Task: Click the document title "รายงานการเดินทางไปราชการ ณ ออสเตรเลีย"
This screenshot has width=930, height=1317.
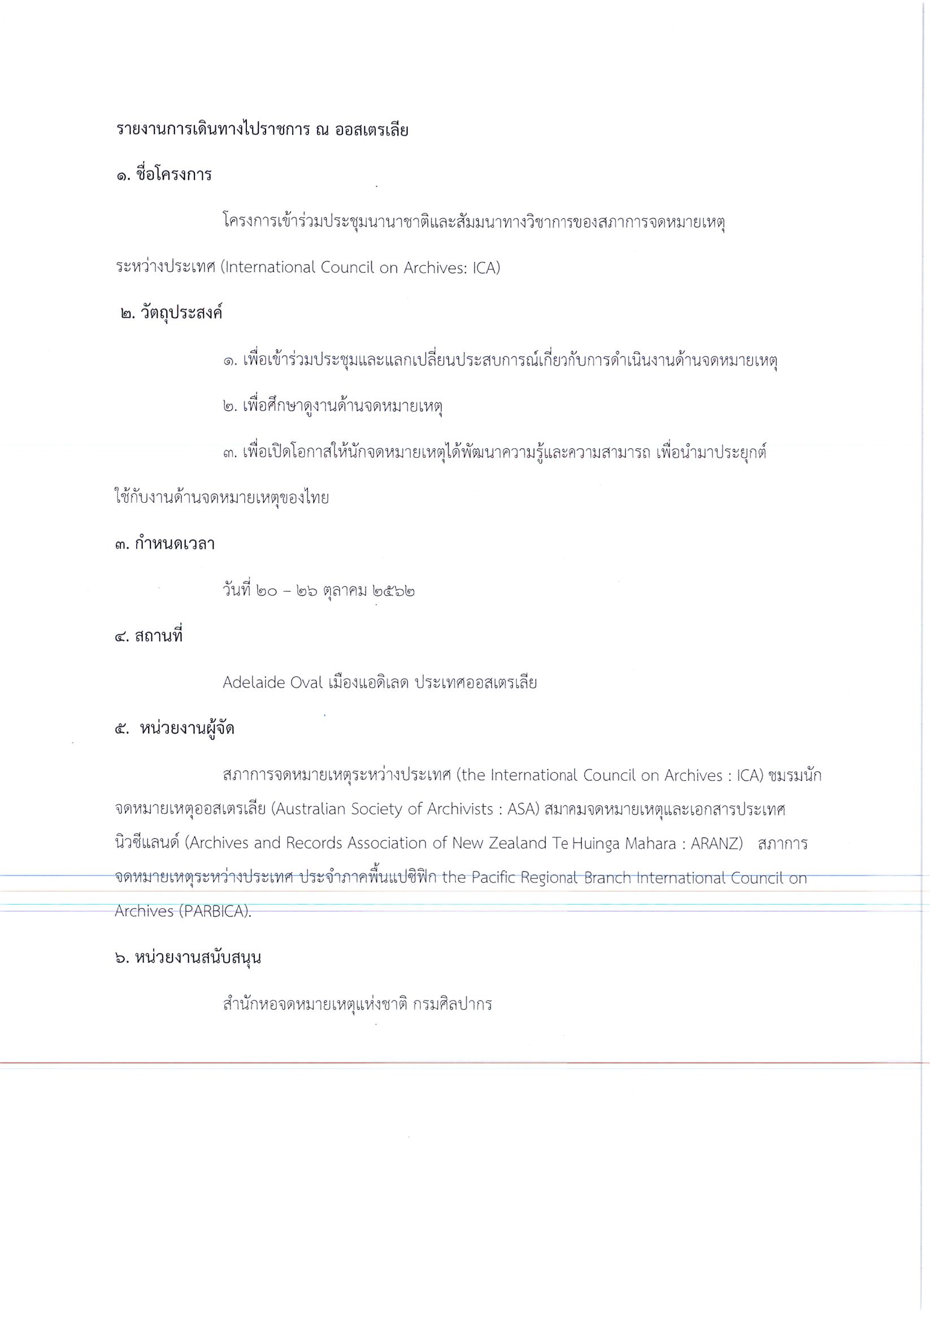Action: pyautogui.click(x=262, y=130)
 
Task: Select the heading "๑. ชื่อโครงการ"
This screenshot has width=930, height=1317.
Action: pyautogui.click(x=163, y=175)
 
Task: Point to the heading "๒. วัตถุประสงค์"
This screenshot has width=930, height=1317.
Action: pyautogui.click(x=171, y=313)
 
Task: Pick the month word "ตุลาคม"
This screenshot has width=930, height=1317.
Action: pyautogui.click(x=345, y=590)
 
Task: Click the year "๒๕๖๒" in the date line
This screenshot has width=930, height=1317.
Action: pyautogui.click(x=394, y=590)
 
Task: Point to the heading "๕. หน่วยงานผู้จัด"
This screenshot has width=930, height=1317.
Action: pyautogui.click(x=175, y=729)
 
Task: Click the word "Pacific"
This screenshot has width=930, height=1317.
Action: pyautogui.click(x=497, y=878)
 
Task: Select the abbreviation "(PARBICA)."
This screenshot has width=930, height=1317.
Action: pyautogui.click(x=215, y=912)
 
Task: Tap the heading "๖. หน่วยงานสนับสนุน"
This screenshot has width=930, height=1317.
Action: pyautogui.click(x=188, y=958)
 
